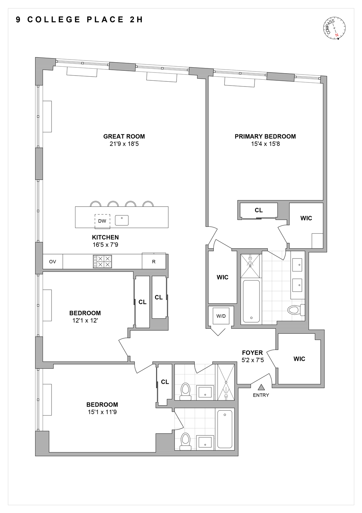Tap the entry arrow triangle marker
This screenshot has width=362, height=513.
click(261, 387)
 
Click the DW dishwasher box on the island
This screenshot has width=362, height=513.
click(102, 221)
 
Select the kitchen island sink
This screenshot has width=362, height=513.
click(122, 220)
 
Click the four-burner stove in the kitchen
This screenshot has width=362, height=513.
click(102, 262)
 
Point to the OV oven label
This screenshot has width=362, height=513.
click(52, 262)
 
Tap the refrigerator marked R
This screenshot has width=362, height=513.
click(154, 262)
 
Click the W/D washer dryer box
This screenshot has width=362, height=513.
click(221, 316)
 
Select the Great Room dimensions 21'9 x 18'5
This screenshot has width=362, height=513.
click(124, 144)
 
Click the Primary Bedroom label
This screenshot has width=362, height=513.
click(265, 136)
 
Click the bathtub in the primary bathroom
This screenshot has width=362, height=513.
click(251, 301)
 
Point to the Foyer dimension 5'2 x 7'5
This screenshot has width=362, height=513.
click(252, 360)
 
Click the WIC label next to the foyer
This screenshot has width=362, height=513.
click(299, 359)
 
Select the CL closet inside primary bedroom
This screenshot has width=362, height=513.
click(259, 210)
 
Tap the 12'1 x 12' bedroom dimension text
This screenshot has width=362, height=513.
click(85, 320)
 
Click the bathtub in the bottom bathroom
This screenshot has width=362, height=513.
click(225, 429)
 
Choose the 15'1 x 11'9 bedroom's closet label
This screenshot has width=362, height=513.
click(165, 382)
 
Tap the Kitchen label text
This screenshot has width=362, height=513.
click(105, 237)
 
